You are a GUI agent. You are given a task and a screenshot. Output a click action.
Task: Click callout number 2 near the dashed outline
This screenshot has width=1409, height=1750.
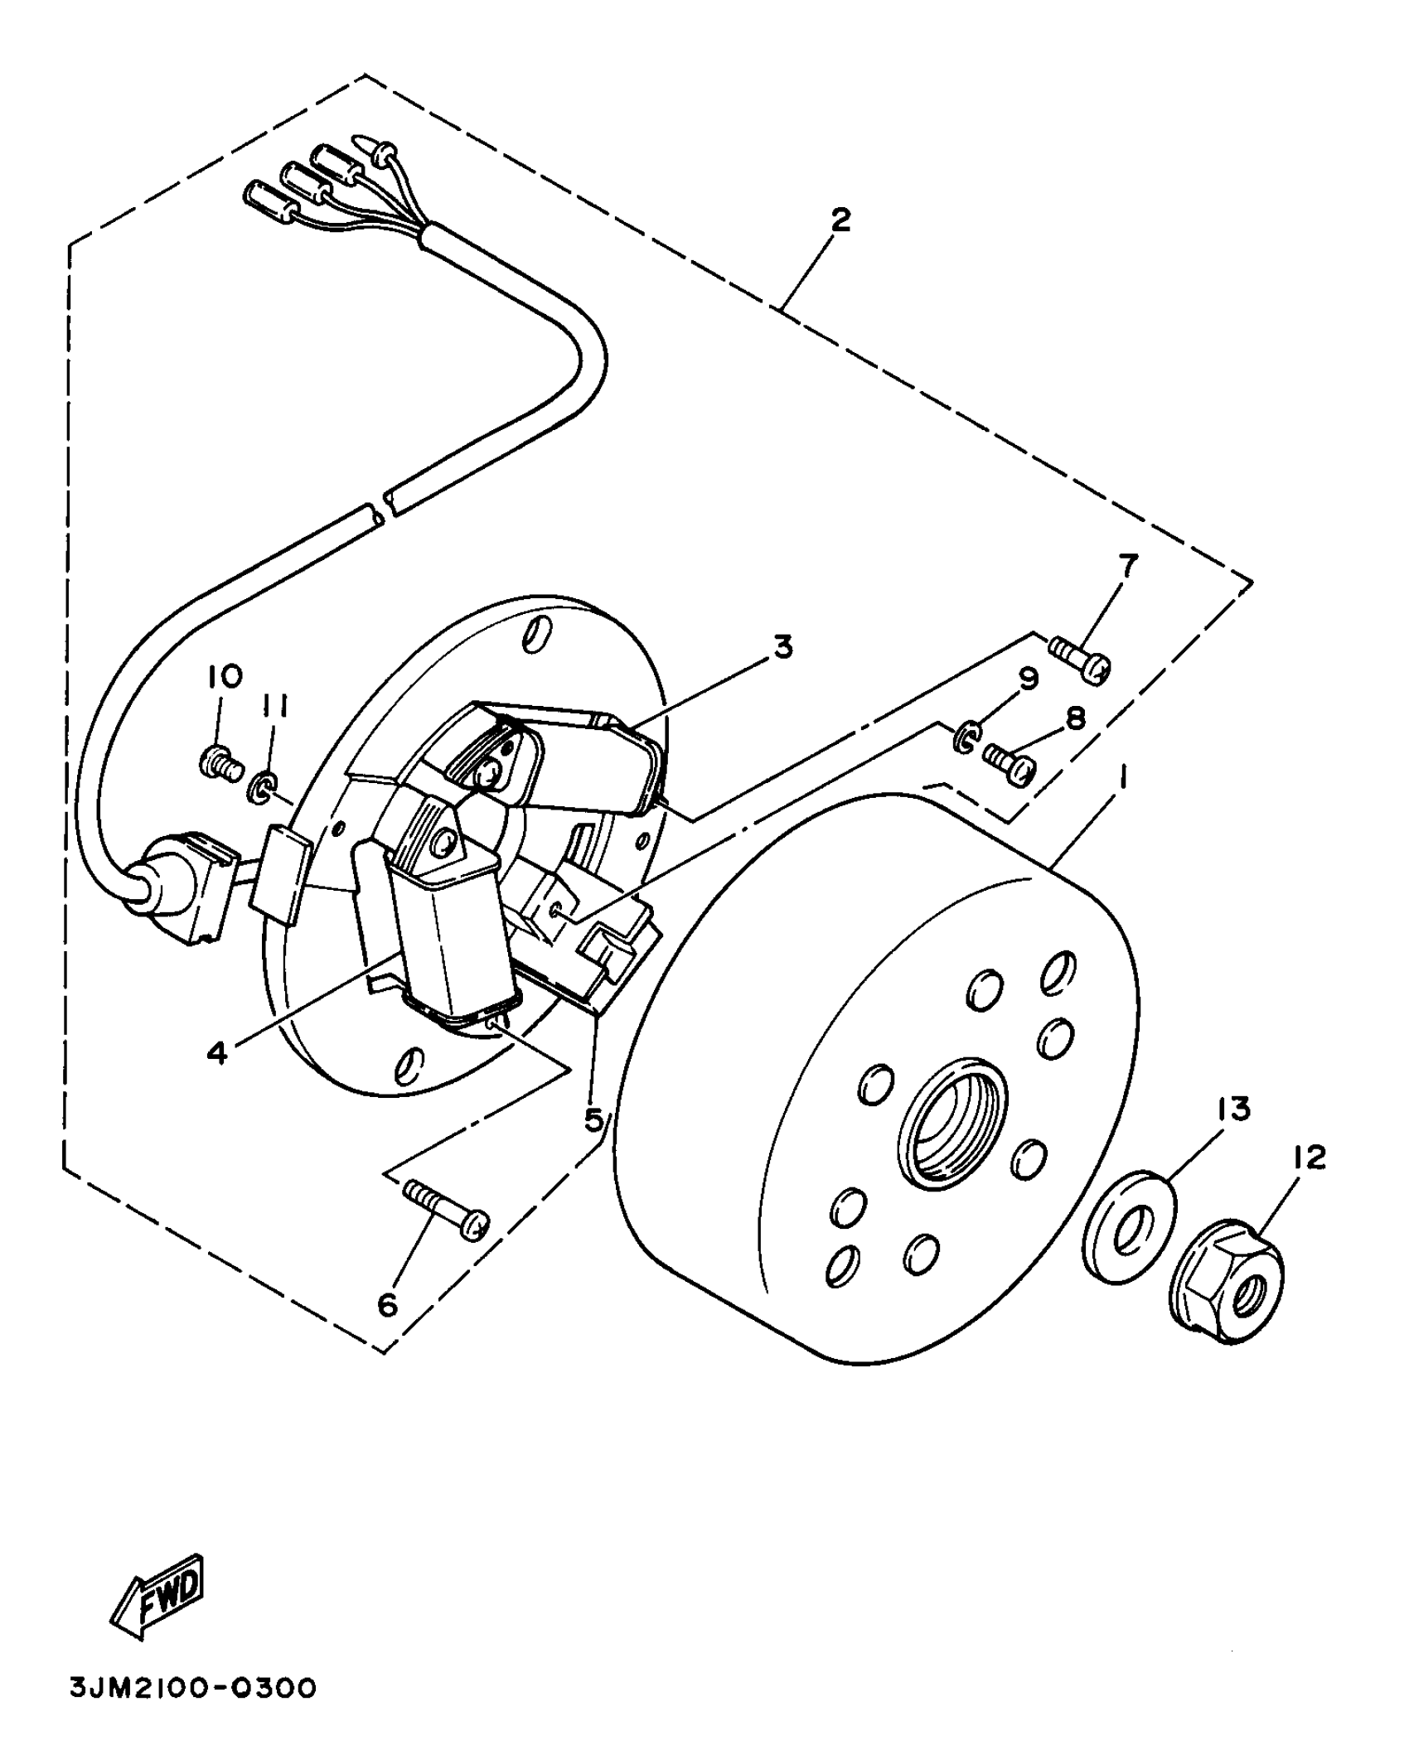click(840, 220)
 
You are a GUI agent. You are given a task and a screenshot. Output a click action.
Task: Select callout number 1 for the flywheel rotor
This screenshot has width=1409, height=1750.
click(1123, 778)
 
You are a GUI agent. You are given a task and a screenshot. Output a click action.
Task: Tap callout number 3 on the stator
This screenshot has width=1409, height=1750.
click(782, 646)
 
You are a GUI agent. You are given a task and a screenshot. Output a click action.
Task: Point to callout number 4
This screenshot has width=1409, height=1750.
click(217, 1053)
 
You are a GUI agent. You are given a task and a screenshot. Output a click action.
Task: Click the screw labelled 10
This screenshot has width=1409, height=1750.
click(219, 759)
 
